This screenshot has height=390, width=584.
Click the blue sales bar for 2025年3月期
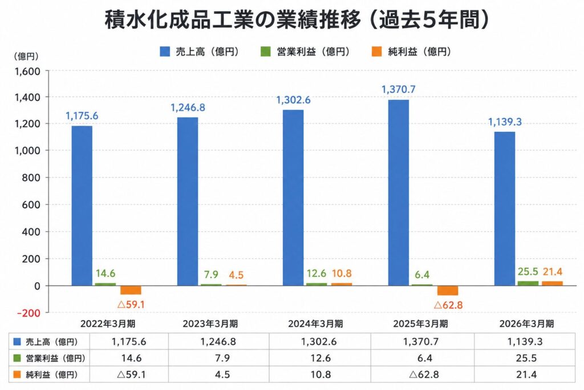398,192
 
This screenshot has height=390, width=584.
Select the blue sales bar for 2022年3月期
82,206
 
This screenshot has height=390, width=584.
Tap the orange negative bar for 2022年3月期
131,290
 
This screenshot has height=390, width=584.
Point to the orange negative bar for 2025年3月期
447,291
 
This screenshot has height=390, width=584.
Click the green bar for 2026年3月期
528,283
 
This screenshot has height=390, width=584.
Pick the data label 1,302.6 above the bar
293,100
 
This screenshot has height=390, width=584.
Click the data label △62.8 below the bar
448,305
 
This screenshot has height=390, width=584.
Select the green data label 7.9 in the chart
211,275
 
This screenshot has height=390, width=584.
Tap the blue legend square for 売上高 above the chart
165,51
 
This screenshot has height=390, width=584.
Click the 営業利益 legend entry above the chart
305,51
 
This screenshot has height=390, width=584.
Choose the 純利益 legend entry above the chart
411,51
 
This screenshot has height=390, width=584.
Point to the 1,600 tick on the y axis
27,71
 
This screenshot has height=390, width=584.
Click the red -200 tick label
29,313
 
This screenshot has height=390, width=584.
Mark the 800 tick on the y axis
31,178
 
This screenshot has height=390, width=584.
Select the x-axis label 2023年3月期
210,324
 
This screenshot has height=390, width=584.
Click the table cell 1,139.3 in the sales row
525,341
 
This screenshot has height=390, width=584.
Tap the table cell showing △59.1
131,374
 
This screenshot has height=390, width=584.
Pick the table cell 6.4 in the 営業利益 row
424,358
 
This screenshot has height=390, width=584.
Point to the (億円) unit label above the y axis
26,57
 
